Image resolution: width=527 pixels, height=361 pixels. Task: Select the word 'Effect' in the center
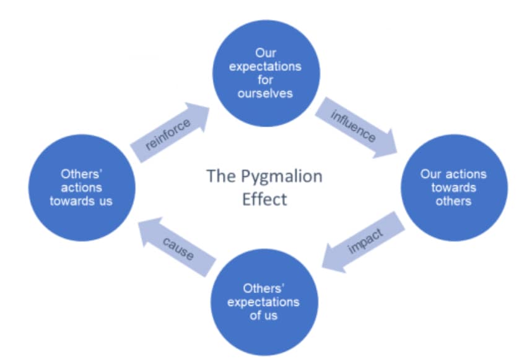tap(264, 200)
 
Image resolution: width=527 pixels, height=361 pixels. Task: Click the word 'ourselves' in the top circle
tap(265, 94)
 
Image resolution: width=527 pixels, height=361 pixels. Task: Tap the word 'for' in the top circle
tap(265, 80)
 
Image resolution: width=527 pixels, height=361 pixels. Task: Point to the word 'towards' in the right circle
tap(453, 187)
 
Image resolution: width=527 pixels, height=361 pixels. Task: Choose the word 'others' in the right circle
tap(453, 201)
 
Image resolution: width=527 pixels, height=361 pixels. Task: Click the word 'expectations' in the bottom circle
tap(263, 302)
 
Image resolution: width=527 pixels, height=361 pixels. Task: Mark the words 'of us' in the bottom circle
tap(263, 316)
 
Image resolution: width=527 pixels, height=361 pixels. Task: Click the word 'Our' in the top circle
tap(265, 53)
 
